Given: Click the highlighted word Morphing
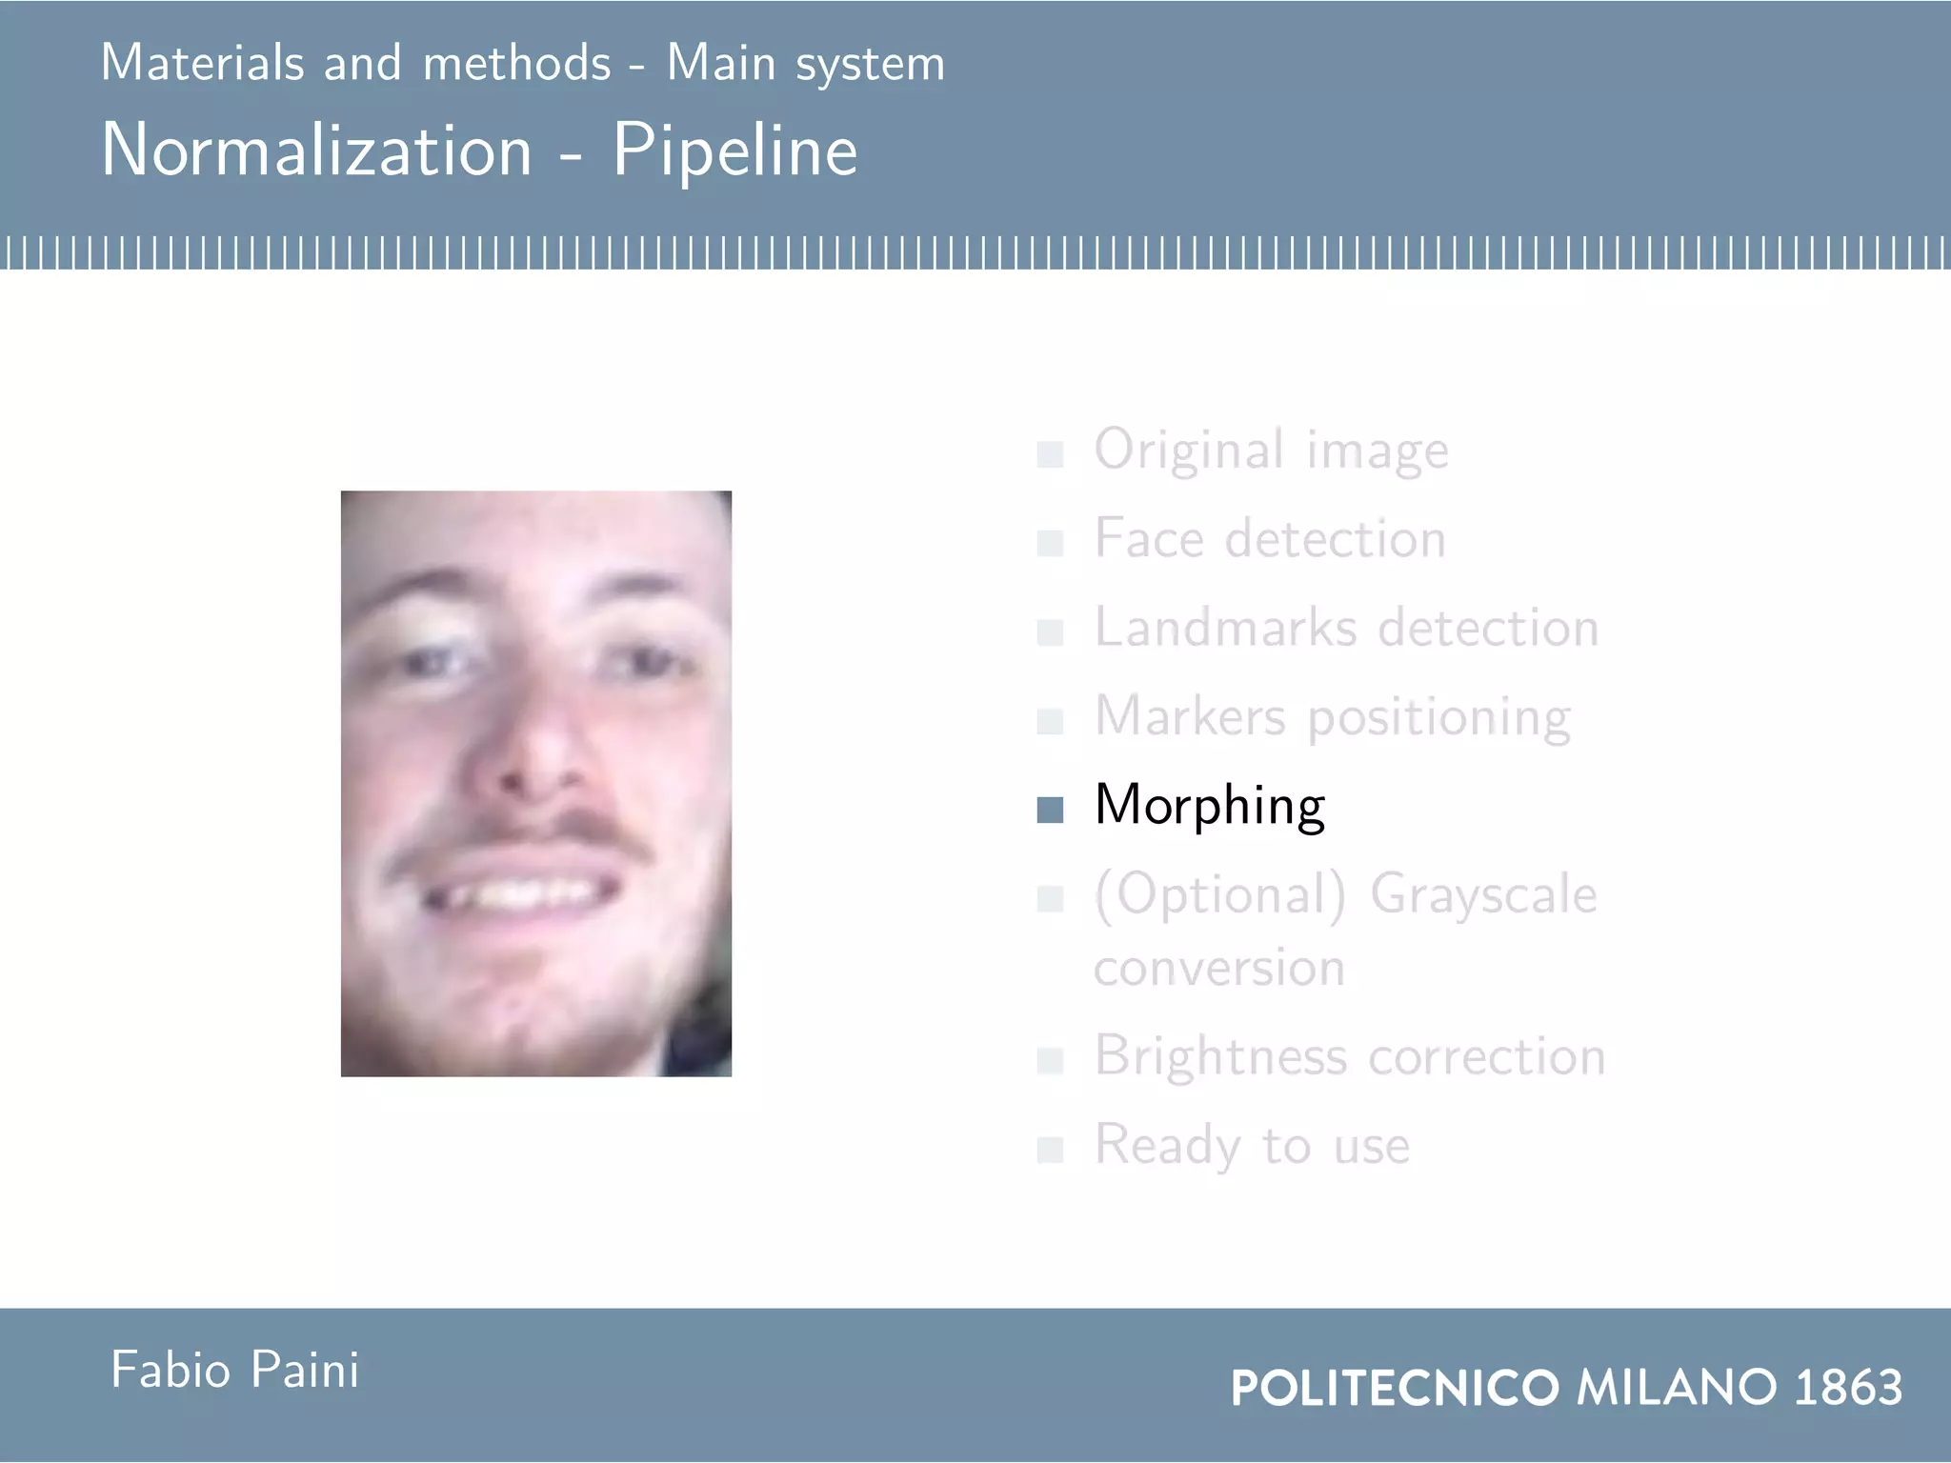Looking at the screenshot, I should [x=1209, y=806].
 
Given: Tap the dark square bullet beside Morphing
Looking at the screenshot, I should [x=1050, y=810].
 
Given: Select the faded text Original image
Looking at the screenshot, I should [x=1271, y=450].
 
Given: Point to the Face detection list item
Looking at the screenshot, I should [x=1270, y=539].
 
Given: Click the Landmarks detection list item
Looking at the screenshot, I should [x=1346, y=628].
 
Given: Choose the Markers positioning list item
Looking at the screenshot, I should [x=1332, y=717].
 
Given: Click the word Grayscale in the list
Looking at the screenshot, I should [x=1483, y=895].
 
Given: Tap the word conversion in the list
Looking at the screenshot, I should [x=1219, y=969].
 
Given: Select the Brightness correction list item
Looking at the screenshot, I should [x=1349, y=1056].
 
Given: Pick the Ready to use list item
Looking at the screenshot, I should [x=1252, y=1145].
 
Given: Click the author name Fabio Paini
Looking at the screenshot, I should [x=235, y=1371].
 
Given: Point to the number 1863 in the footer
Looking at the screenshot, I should [x=1848, y=1387].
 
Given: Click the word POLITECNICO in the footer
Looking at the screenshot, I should [x=1395, y=1388].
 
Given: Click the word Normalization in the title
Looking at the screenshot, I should [x=316, y=150].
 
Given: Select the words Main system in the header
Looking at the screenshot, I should [x=806, y=64].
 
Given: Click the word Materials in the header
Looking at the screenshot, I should [x=203, y=64].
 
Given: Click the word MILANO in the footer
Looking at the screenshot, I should [x=1677, y=1387].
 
